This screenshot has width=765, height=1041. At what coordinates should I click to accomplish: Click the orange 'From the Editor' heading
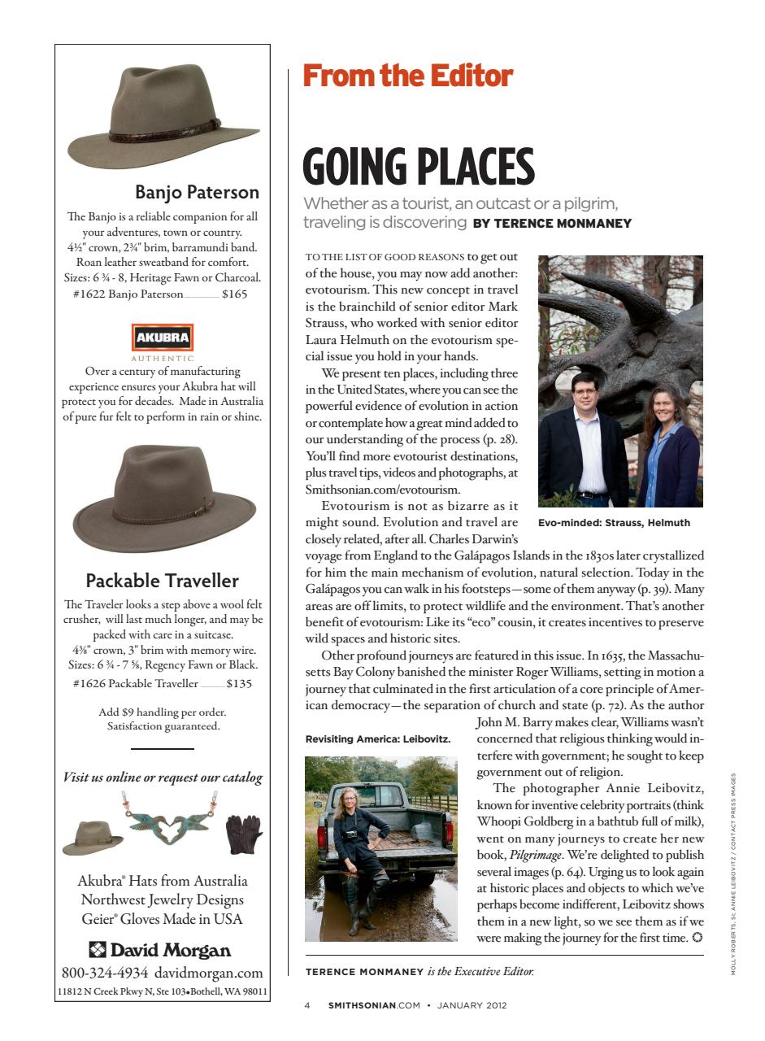[407, 76]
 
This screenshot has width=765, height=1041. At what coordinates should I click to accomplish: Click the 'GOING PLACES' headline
[418, 167]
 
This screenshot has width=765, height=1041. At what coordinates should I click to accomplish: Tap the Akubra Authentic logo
[163, 338]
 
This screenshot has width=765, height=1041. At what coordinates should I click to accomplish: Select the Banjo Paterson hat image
[163, 118]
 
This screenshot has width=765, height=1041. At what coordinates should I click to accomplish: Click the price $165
[234, 294]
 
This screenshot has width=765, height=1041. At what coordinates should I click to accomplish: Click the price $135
[239, 683]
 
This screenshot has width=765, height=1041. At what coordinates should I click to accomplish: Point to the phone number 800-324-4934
[105, 973]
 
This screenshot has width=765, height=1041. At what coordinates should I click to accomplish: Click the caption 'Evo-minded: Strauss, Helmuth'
[614, 523]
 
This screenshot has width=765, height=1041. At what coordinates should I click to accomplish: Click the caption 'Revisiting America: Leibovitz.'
[377, 739]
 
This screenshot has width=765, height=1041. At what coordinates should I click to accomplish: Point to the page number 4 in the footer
[307, 1005]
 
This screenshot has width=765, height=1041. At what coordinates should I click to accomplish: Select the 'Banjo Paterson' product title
[197, 192]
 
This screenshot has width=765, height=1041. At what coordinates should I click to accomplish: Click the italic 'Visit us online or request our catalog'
[163, 777]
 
